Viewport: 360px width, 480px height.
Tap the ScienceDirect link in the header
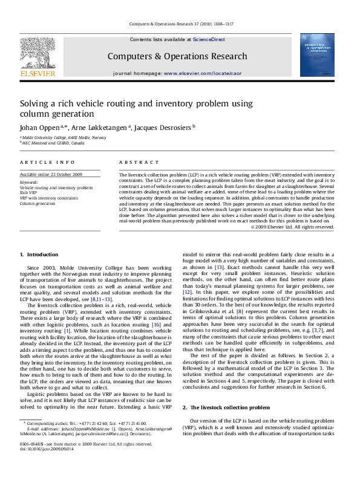click(209, 39)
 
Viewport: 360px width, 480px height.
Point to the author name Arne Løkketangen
click(100, 128)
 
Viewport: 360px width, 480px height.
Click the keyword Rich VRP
click(28, 193)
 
